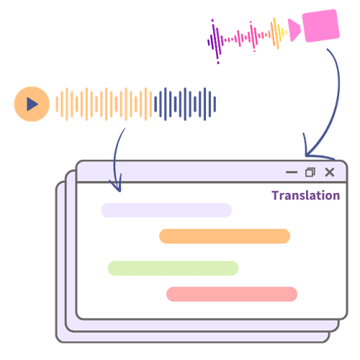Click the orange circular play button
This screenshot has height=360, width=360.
tap(31, 104)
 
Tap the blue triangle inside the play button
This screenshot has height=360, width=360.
tap(32, 104)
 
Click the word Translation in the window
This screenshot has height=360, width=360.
tap(305, 195)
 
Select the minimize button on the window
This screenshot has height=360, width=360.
tap(292, 172)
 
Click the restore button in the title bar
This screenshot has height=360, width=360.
tap(310, 172)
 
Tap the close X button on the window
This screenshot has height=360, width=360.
tap(330, 172)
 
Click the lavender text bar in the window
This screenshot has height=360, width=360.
tap(166, 210)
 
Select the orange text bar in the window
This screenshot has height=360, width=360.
tap(225, 236)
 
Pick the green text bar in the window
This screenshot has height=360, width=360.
tap(173, 268)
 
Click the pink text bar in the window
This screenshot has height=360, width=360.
tap(232, 294)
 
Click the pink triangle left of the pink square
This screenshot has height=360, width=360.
tap(294, 29)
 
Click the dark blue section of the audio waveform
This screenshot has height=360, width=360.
tap(186, 104)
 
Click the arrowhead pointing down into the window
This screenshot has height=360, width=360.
tap(117, 186)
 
